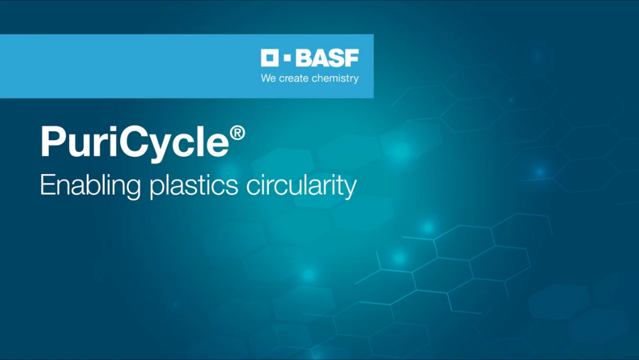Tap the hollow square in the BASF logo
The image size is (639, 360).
(270, 59)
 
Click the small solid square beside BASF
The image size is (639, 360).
(286, 59)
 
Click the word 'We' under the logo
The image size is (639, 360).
(268, 79)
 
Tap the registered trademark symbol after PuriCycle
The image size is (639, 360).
(237, 133)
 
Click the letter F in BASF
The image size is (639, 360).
(352, 59)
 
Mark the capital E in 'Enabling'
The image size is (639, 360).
(47, 185)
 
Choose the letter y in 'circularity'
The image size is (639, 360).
(349, 189)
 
